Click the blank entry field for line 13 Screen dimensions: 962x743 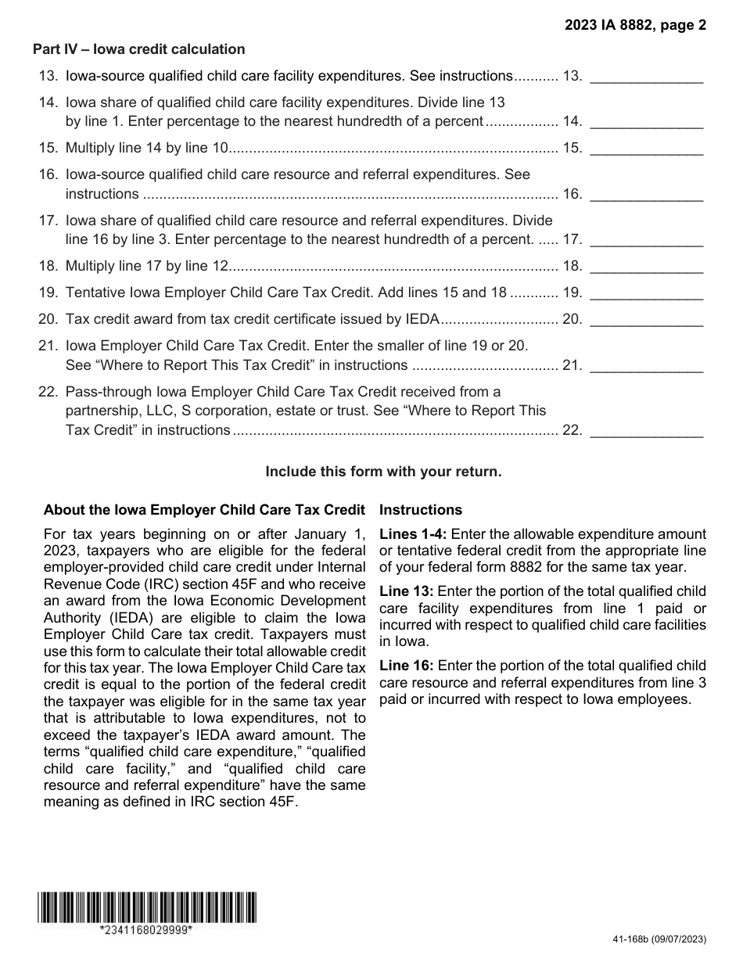[646, 77]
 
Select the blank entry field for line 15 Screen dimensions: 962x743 [646, 148]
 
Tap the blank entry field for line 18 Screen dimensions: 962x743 [646, 267]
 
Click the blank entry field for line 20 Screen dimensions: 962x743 [646, 319]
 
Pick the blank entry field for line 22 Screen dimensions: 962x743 [646, 430]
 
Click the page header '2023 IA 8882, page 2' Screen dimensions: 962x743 [636, 25]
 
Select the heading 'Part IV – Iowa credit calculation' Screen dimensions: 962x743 [138, 49]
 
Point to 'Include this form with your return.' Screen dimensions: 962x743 [383, 472]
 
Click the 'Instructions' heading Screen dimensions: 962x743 [421, 510]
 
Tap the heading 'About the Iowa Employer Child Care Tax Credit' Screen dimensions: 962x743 [204, 510]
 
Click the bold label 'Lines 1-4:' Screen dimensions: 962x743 [413, 534]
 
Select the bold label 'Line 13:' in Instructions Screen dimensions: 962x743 [407, 591]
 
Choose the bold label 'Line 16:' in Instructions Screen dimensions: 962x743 [407, 666]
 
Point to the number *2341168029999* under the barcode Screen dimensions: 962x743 [146, 930]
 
